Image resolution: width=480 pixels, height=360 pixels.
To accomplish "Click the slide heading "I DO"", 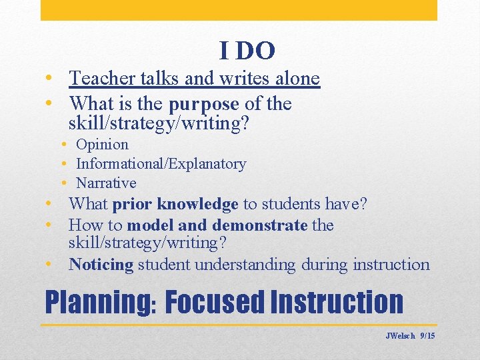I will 247,50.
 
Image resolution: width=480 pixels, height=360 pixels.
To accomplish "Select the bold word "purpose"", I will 203,105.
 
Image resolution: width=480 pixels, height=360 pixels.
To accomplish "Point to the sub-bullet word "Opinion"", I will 102,145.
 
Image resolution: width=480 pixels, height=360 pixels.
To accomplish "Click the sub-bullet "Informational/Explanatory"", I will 161,164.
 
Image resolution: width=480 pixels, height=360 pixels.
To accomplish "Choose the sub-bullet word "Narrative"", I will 106,183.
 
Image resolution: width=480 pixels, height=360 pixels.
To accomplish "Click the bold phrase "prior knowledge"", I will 175,204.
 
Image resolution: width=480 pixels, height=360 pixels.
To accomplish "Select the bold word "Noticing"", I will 101,265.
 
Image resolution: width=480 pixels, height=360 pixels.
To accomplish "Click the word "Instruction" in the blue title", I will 338,302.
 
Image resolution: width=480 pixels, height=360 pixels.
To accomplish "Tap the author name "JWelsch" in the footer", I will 400,336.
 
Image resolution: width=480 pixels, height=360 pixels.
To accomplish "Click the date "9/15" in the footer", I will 427,336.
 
